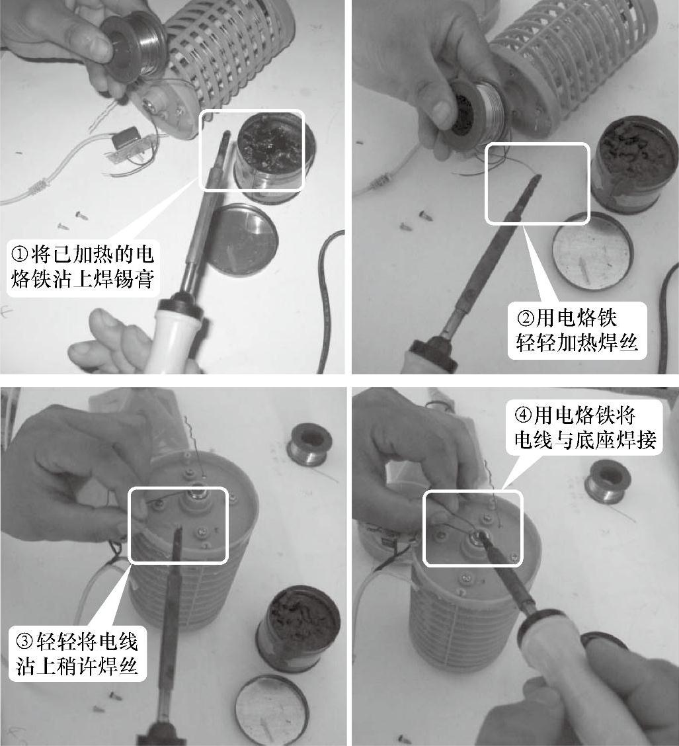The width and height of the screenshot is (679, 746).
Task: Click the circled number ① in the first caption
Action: (x=20, y=255)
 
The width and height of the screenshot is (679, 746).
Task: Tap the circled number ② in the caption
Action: (x=526, y=318)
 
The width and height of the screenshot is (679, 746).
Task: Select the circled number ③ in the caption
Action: (x=25, y=642)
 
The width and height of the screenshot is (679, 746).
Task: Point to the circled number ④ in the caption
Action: (x=524, y=415)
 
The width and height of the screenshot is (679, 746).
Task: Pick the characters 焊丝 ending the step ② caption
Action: (x=618, y=342)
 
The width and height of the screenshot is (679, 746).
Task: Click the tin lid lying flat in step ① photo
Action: (x=243, y=240)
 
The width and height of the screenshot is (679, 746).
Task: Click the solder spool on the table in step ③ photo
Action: (x=309, y=445)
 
